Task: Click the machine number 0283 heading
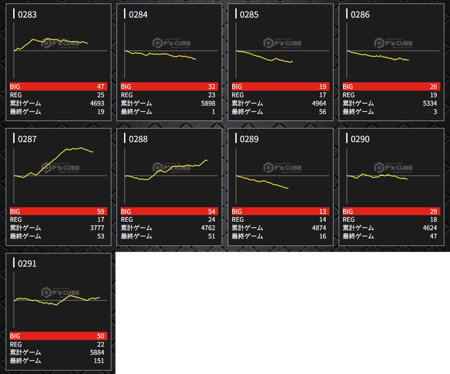27,15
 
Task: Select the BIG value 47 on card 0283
101,87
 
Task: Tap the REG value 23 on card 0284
212,95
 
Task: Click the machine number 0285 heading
249,15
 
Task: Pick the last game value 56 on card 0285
322,112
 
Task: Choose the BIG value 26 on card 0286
433,87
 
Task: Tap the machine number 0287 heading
27,139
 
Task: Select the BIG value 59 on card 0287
101,212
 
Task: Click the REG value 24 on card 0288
212,220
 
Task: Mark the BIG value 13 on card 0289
322,212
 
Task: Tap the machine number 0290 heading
360,139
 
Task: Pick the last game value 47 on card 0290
433,236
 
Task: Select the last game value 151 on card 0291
99,361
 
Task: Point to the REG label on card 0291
16,345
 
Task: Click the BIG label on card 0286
348,87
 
